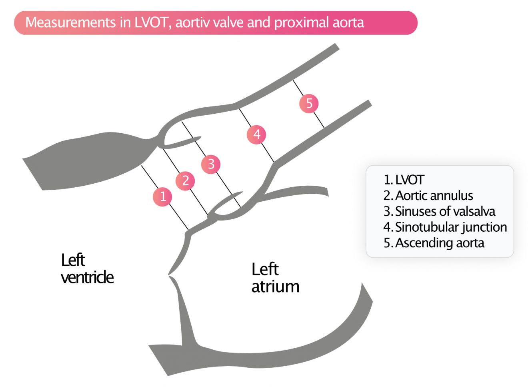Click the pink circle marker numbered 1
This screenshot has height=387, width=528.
pyautogui.click(x=162, y=197)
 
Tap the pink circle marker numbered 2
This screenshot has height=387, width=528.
pyautogui.click(x=185, y=180)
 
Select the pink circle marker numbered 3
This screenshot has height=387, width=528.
pyautogui.click(x=211, y=164)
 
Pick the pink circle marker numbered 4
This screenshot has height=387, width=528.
pyautogui.click(x=256, y=134)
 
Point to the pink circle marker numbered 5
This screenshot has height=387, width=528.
pyautogui.click(x=309, y=103)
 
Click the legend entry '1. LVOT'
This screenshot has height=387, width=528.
pyautogui.click(x=404, y=180)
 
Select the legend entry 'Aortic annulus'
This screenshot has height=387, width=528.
pyautogui.click(x=428, y=195)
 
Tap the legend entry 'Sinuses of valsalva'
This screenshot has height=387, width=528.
pyautogui.click(x=439, y=211)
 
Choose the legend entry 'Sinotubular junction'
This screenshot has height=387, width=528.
pyautogui.click(x=445, y=227)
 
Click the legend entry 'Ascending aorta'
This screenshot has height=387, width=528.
pyautogui.click(x=434, y=243)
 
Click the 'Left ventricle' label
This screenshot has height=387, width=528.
pyautogui.click(x=87, y=269)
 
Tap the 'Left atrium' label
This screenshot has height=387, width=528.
pyautogui.click(x=275, y=278)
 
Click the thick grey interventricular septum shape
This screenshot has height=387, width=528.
pyautogui.click(x=88, y=160)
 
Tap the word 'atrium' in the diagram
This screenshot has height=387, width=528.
pyautogui.click(x=275, y=287)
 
